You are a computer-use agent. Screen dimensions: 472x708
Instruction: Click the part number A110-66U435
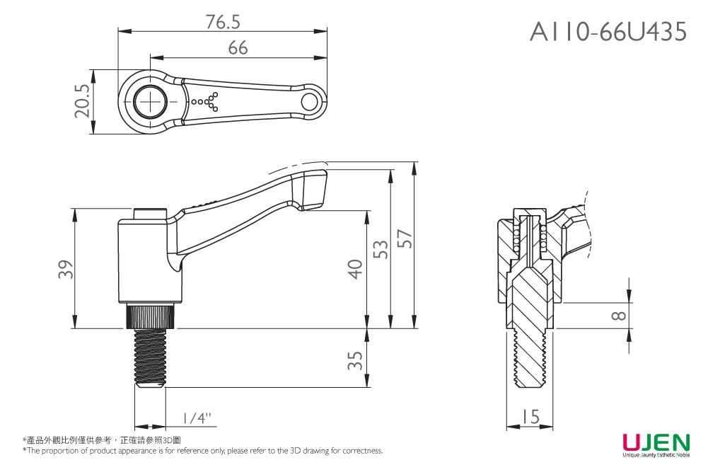(608, 31)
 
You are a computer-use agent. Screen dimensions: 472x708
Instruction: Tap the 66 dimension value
(238, 48)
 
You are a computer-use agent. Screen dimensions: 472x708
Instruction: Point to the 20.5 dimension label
(82, 101)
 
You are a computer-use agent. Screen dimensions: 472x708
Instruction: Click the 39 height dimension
(65, 269)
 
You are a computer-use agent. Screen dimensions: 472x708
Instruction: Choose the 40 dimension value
(356, 269)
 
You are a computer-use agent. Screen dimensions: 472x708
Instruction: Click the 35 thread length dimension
(356, 359)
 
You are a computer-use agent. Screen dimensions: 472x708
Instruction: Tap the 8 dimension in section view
(618, 316)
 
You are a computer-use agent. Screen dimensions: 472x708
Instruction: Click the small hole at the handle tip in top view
(310, 102)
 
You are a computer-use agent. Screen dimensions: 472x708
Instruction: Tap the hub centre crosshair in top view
(151, 102)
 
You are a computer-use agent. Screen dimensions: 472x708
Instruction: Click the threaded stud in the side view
(151, 357)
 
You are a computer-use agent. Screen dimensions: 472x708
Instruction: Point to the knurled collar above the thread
(151, 316)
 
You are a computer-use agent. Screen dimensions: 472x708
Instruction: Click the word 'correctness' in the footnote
(364, 451)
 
